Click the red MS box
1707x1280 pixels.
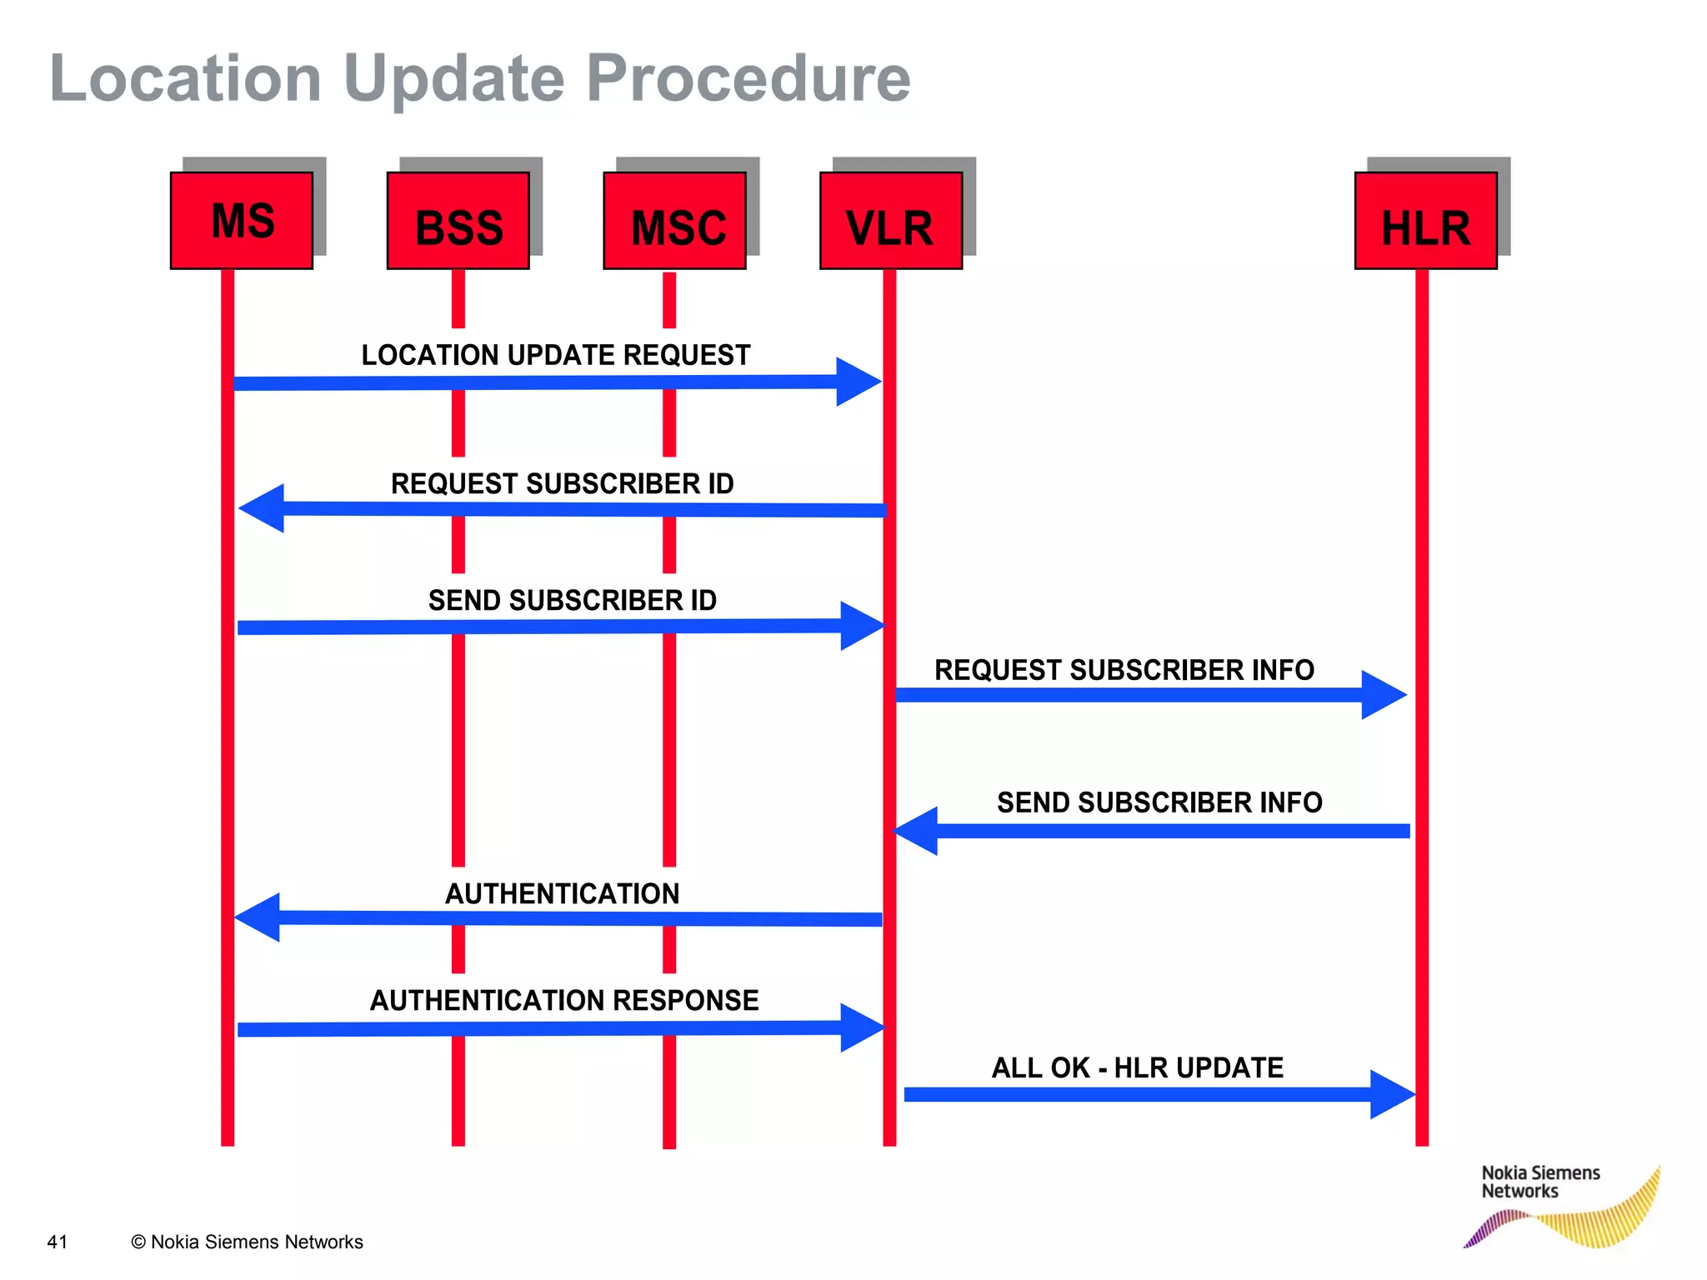[242, 221]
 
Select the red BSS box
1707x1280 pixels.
[458, 221]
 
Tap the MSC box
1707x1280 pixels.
[675, 221]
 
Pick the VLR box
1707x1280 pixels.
[891, 221]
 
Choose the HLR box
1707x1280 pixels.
[1426, 221]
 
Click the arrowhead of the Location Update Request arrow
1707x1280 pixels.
[858, 382]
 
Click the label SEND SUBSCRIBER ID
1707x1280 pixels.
[573, 601]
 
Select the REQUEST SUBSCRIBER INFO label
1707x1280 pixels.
[1124, 670]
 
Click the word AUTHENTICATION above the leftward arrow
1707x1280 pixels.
[563, 894]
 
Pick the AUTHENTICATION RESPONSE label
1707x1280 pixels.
[564, 1000]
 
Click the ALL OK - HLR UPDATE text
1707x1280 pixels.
[1137, 1068]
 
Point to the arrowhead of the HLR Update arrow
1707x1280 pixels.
[1392, 1094]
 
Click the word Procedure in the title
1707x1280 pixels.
[748, 79]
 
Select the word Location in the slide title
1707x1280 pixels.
[186, 79]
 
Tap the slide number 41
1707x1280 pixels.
[58, 1242]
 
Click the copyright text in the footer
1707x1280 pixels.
[247, 1242]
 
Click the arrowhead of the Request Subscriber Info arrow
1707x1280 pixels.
[1383, 694]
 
